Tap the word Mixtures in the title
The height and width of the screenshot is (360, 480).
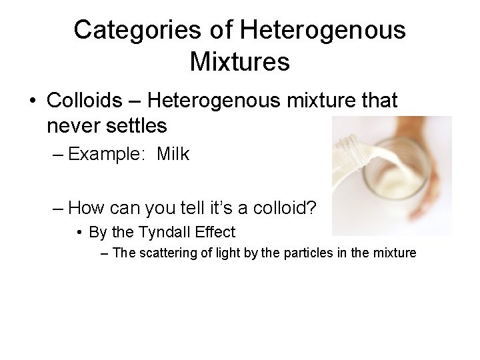tap(239, 62)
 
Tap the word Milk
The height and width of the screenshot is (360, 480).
tap(173, 155)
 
